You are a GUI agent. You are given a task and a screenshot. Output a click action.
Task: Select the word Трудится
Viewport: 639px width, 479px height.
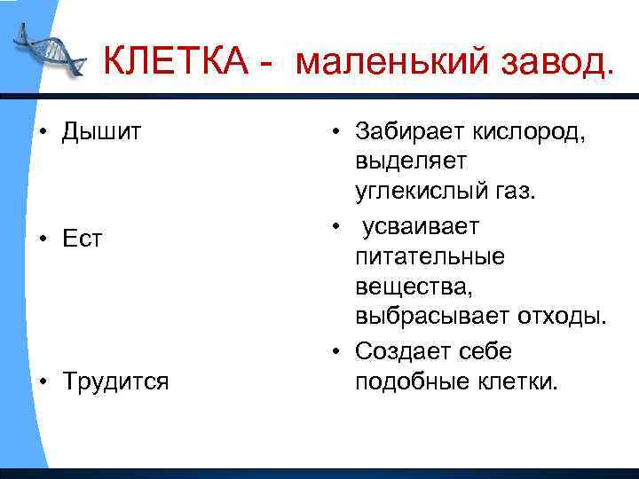click(114, 381)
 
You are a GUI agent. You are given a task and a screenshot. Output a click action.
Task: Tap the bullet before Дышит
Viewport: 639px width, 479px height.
click(43, 132)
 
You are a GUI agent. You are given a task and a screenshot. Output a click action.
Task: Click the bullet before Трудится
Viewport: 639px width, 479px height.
click(43, 381)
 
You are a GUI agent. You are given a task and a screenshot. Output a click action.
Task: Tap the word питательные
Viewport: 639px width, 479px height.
click(430, 257)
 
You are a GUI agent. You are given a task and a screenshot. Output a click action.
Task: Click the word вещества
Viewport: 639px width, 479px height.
click(407, 287)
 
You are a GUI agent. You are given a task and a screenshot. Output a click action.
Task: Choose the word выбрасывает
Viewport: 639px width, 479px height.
click(431, 317)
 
